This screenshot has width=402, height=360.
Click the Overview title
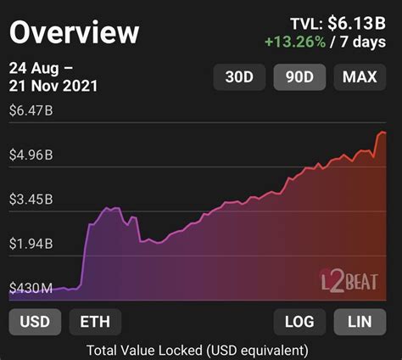coord(75,32)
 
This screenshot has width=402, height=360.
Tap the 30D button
coord(239,78)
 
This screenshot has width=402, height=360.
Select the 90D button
coord(299,78)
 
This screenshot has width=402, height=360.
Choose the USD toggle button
coord(34,322)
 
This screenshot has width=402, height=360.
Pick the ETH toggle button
coord(95,322)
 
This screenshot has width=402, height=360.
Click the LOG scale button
coord(299,322)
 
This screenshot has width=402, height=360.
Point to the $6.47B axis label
coord(31,110)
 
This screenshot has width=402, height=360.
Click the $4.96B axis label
coord(31,155)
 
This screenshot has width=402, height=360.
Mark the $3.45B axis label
coord(31,200)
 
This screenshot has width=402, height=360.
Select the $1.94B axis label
coord(31,244)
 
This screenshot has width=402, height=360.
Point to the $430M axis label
coord(31,289)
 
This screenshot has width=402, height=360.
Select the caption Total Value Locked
coord(197,349)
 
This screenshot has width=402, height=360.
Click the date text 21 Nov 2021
coord(54,85)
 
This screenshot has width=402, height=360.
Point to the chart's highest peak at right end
coord(382,132)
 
